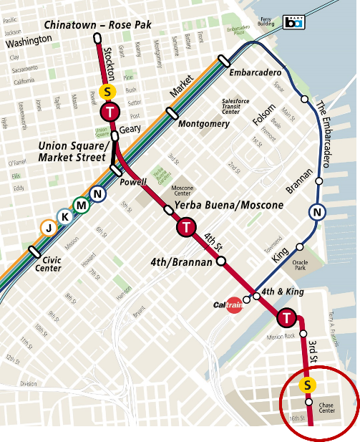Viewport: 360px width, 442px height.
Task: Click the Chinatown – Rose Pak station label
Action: tap(99, 26)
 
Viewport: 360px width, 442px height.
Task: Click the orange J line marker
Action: tap(48, 228)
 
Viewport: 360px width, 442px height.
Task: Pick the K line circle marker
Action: tap(65, 216)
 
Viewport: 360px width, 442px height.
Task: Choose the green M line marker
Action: tap(82, 205)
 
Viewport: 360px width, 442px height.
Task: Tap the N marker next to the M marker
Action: tap(98, 193)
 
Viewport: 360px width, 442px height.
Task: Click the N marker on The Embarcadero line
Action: tap(317, 212)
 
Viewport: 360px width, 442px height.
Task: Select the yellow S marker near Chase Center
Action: tap(307, 385)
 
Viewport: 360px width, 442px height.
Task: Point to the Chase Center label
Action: tap(326, 408)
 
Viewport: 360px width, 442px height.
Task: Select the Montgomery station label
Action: tap(203, 123)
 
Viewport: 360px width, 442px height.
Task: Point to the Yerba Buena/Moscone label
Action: tap(228, 205)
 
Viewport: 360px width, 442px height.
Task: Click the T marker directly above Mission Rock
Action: tap(287, 317)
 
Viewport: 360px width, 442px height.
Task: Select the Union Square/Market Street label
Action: tap(74, 151)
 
